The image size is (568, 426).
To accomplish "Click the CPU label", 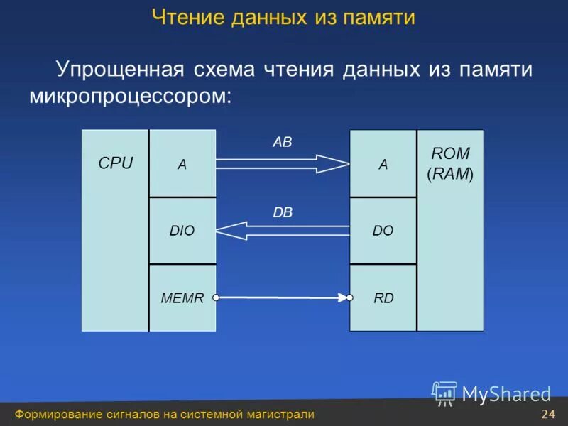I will [x=115, y=163].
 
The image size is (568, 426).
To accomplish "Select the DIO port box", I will [x=182, y=230].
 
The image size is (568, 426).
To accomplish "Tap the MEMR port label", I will [x=182, y=298].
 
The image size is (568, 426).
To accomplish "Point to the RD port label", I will [x=383, y=298].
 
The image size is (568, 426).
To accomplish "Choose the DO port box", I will [x=383, y=230].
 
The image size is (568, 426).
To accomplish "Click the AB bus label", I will [x=282, y=142].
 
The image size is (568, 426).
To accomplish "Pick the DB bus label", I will [x=282, y=212].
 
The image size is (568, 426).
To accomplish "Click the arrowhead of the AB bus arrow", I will [x=337, y=164].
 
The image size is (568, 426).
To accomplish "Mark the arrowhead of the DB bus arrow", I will [x=229, y=230].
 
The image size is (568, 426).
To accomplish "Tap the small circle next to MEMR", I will [x=216, y=298].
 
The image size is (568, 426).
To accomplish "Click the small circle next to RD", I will [x=349, y=298].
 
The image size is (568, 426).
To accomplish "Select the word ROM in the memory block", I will [x=450, y=153].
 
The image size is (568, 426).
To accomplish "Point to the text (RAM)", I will [x=450, y=174].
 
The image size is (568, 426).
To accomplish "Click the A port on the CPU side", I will [x=182, y=164].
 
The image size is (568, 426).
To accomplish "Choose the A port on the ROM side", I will [x=383, y=164].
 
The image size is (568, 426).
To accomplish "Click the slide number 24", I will [x=547, y=415].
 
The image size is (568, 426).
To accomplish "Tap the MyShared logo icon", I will [x=444, y=393].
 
